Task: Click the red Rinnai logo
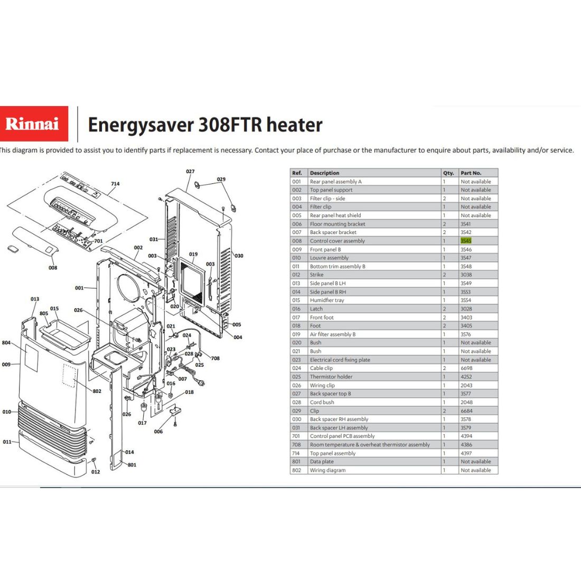34,124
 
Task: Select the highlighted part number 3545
466,241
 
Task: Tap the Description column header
324,173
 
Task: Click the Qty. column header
448,173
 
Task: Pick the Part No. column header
471,173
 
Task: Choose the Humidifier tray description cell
327,300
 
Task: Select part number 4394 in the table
466,436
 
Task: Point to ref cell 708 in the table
296,445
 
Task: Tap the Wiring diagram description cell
327,470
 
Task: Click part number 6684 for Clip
466,410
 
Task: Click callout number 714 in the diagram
115,184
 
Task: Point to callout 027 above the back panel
190,172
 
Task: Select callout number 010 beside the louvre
7,411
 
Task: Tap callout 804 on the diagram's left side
6,343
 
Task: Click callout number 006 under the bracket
158,432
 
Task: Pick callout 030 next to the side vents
239,256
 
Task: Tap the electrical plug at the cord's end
201,383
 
